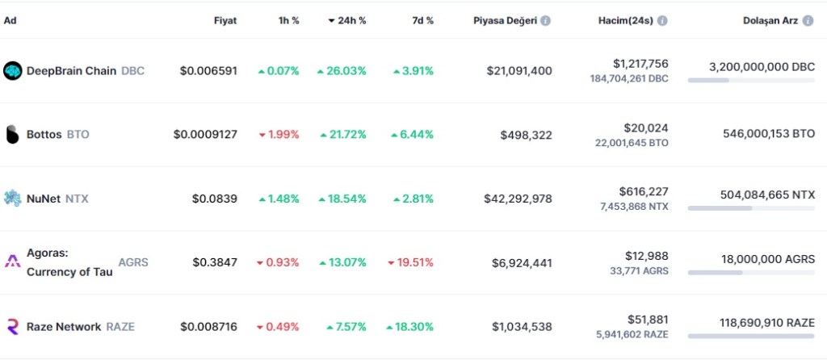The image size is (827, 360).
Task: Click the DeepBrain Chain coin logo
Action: pos(13,71)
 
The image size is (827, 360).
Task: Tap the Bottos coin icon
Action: pos(12,135)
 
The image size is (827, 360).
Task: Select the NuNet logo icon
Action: pos(12,199)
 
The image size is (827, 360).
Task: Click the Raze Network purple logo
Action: pos(12,327)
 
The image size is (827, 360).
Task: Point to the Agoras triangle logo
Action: pos(12,262)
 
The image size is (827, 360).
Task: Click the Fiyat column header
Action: pos(225,21)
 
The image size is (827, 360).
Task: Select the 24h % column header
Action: pos(347,21)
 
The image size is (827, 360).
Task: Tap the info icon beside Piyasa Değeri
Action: pos(546,21)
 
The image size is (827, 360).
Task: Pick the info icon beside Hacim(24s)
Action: pos(662,21)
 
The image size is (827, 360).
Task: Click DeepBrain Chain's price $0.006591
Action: pos(208,71)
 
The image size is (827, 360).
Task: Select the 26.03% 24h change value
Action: pos(342,71)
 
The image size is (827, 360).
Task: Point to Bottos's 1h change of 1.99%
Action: pos(279,135)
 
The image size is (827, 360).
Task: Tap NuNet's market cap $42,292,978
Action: pos(518,199)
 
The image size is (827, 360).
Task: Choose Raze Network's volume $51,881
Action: pos(648,320)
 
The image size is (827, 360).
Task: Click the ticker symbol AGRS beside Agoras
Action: pos(133,262)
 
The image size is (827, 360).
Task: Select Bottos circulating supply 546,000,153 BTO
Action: pos(769,135)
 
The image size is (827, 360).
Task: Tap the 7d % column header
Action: pos(422,21)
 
